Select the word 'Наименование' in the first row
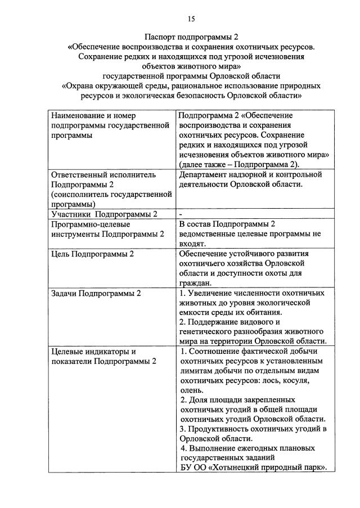tap(77, 115)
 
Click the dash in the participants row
tap(181, 214)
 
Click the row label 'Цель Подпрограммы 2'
tap(93, 254)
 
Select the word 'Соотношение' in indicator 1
tap(214, 352)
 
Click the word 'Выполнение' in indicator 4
tap(211, 448)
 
